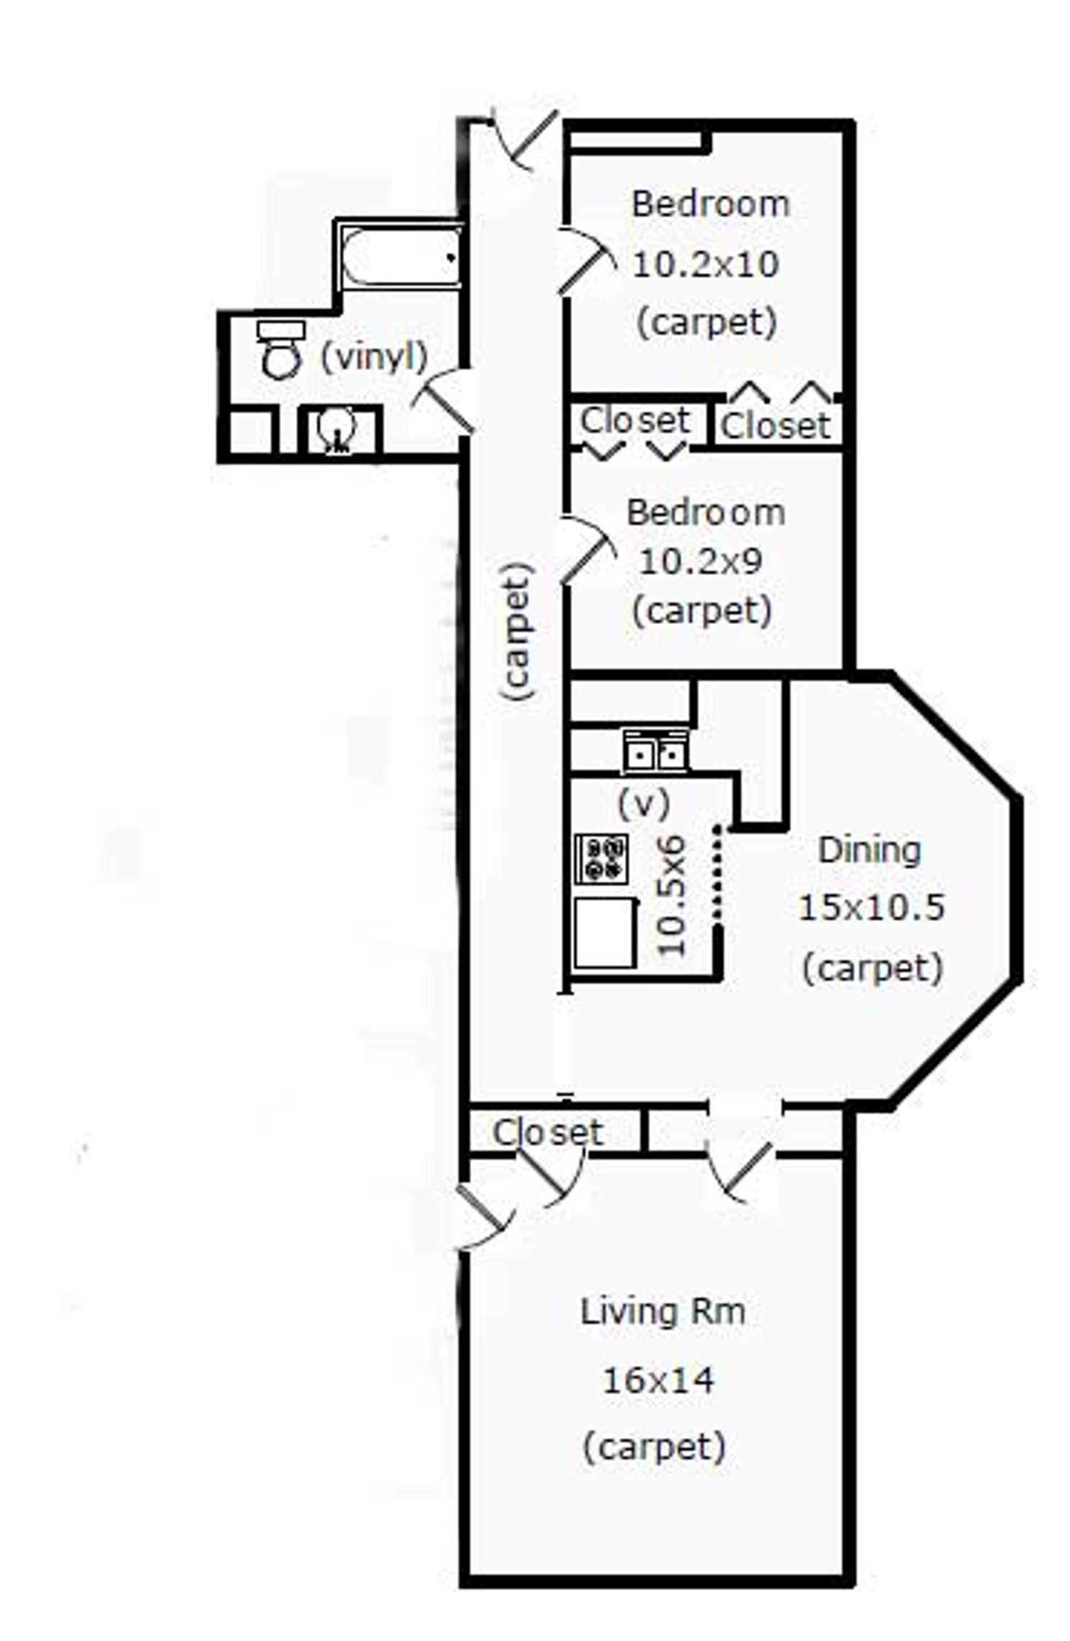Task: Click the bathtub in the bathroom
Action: (401, 256)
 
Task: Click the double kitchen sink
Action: (655, 751)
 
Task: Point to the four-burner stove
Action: (601, 858)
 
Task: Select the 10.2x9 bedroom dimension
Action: (701, 562)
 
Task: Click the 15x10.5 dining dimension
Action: (870, 907)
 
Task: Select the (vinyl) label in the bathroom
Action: (374, 357)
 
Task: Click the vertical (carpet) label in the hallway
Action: (518, 631)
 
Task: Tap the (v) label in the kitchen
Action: (643, 803)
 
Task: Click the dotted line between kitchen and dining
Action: (717, 872)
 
